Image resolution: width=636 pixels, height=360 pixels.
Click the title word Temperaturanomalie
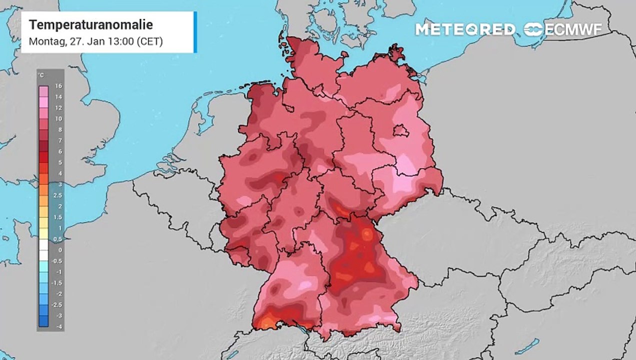(x=90, y=24)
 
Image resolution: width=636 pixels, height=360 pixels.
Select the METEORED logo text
(x=465, y=29)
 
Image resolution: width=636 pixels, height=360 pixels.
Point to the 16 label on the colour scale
(x=58, y=86)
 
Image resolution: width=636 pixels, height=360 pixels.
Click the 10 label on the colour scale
(x=58, y=118)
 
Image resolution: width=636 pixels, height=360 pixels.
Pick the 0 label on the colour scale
(x=59, y=250)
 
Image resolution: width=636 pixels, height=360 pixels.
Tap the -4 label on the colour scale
(x=58, y=326)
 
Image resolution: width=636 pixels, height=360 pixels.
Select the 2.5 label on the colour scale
(x=58, y=195)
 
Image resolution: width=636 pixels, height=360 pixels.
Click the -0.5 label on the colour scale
(x=58, y=261)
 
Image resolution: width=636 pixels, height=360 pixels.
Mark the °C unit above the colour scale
(x=41, y=75)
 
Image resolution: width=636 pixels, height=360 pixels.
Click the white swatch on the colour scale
(x=43, y=245)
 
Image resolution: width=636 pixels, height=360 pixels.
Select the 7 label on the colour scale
(x=59, y=140)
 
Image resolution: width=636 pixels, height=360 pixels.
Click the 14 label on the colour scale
(x=58, y=97)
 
